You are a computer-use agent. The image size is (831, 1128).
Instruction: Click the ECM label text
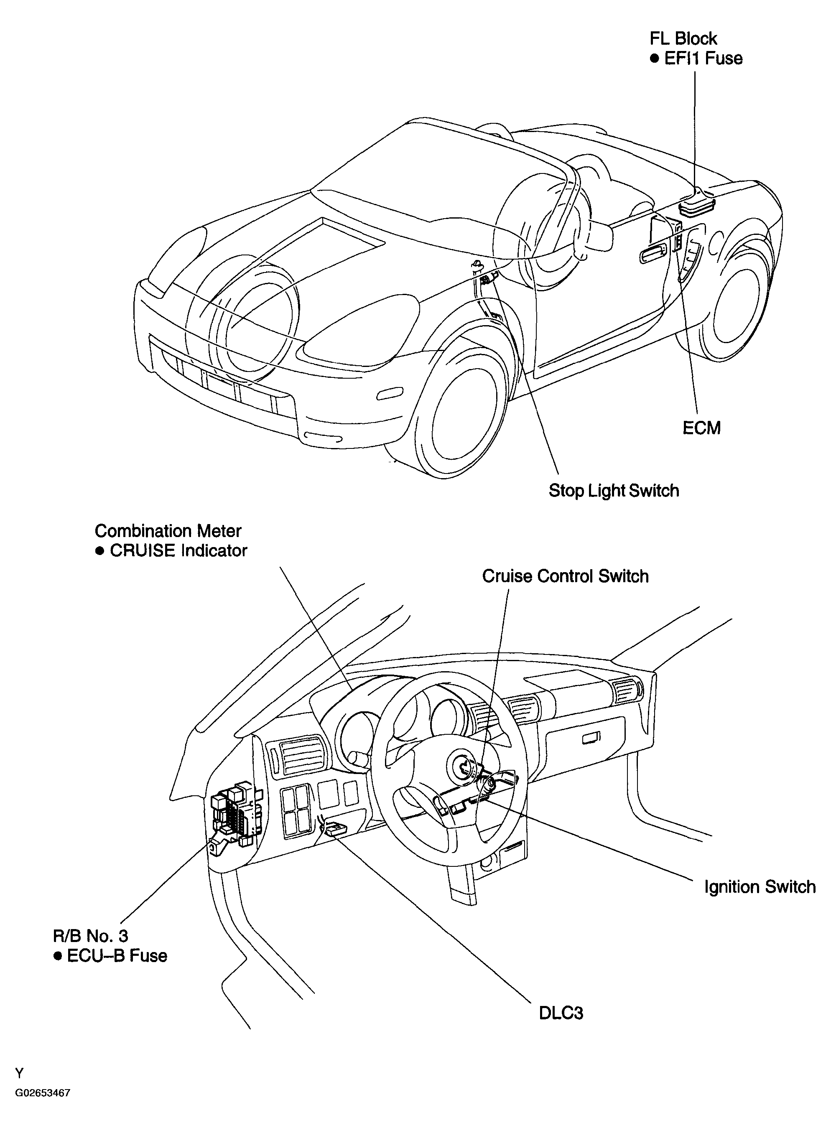[x=701, y=428]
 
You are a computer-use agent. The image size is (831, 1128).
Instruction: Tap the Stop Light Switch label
[x=614, y=490]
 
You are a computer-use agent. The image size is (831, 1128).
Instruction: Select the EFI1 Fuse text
[x=703, y=59]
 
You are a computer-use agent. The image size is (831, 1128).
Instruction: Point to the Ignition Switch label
[x=760, y=886]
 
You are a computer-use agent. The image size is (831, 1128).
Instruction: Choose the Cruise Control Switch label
[x=566, y=576]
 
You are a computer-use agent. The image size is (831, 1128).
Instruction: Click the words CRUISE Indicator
[x=178, y=551]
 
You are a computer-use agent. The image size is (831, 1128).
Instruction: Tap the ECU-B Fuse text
[x=117, y=955]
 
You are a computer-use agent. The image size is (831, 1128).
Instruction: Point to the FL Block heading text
[x=683, y=39]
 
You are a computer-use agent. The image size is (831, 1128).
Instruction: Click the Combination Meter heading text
[x=168, y=531]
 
